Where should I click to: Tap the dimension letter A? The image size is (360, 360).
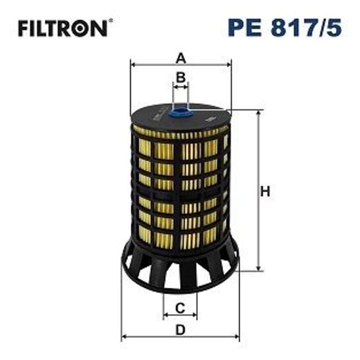[180, 57]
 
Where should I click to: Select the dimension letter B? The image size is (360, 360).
[180, 77]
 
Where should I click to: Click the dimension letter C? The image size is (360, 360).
[180, 307]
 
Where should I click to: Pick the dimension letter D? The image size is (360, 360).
[180, 330]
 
